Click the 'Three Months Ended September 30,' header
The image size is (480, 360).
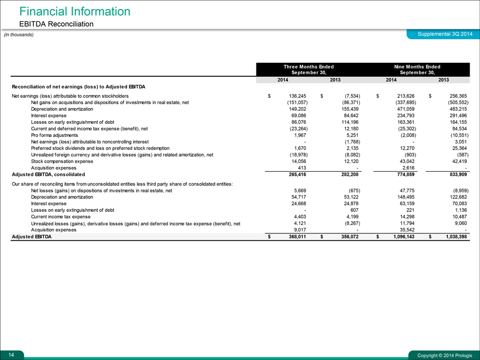(x=309, y=69)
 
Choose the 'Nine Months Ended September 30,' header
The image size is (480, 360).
(x=417, y=69)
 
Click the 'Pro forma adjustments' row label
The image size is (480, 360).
(x=55, y=135)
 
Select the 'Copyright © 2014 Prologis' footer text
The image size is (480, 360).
(x=445, y=356)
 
